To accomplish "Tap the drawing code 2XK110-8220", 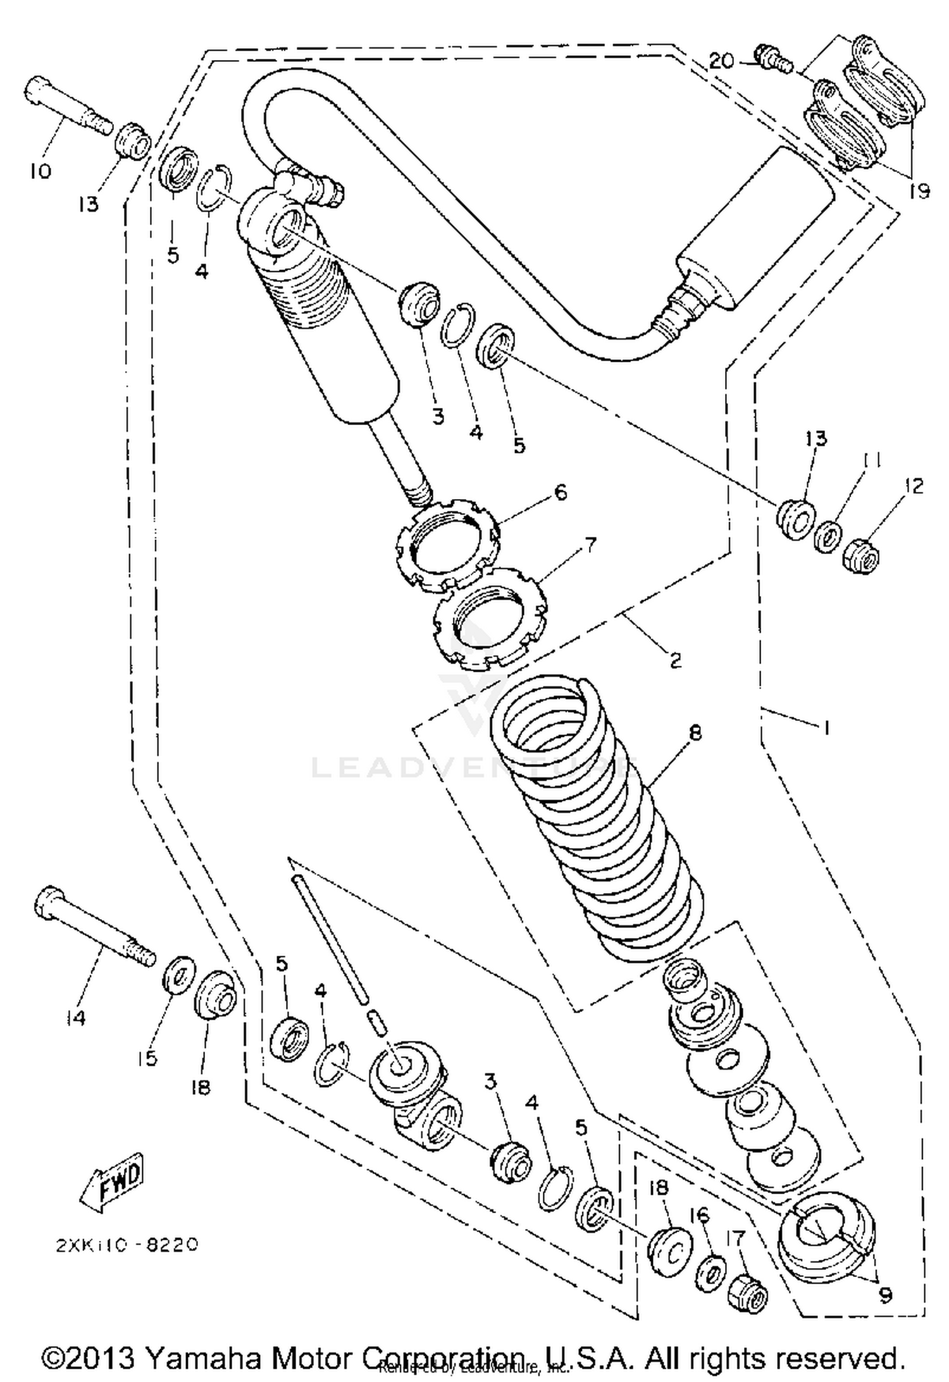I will click(127, 1245).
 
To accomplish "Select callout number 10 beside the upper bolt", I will click(40, 171).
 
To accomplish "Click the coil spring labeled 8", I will click(601, 822).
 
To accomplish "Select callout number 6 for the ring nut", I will click(560, 492).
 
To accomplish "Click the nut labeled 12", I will click(862, 557).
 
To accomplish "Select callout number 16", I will click(700, 1215).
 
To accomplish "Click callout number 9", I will click(886, 1294).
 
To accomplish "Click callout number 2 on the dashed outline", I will click(675, 660).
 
